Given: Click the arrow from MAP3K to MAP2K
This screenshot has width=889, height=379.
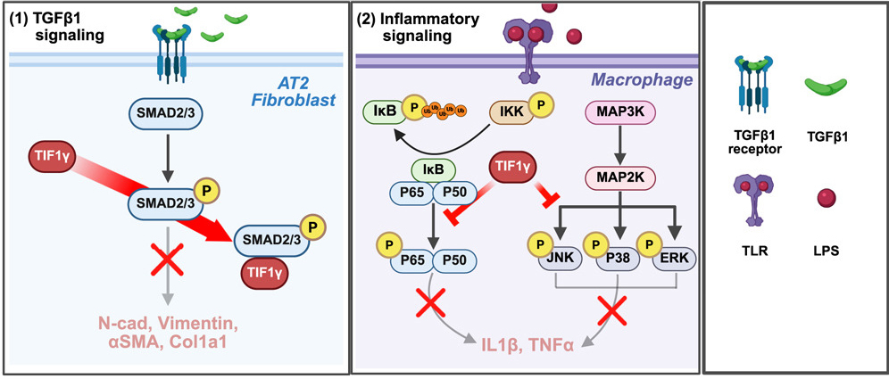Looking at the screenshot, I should point(614,144).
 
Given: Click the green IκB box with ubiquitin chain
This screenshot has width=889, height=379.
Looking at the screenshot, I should point(383,113).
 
